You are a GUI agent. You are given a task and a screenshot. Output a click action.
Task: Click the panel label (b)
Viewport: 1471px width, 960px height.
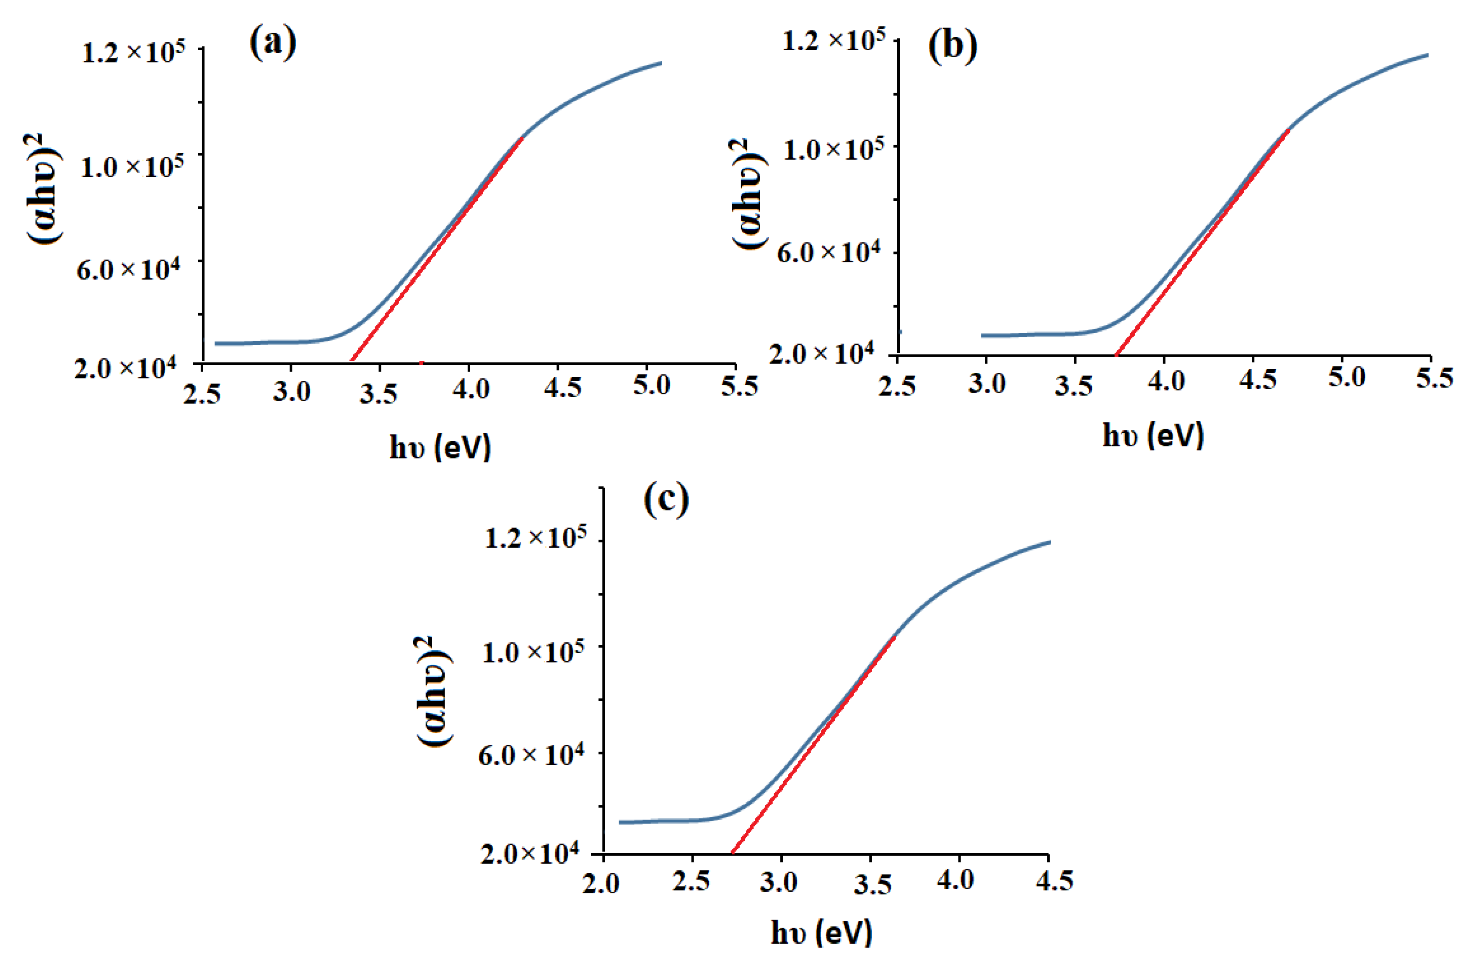pyautogui.click(x=953, y=47)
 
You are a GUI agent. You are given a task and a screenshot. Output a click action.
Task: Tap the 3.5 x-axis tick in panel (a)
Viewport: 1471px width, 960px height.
pyautogui.click(x=378, y=393)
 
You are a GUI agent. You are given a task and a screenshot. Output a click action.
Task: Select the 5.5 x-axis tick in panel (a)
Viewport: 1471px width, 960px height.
pyautogui.click(x=739, y=386)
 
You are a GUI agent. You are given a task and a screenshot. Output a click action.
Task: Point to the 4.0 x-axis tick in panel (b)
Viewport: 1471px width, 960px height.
pyautogui.click(x=1165, y=381)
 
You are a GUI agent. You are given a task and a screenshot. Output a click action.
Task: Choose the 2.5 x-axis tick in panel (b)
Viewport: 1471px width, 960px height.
pyautogui.click(x=897, y=386)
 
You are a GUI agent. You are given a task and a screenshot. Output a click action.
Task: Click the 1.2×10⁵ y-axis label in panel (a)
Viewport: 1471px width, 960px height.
pyautogui.click(x=133, y=52)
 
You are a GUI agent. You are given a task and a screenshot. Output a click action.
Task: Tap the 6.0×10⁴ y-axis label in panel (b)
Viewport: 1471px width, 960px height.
pyautogui.click(x=828, y=252)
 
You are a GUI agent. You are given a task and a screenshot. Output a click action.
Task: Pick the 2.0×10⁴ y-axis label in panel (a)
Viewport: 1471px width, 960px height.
pyautogui.click(x=125, y=368)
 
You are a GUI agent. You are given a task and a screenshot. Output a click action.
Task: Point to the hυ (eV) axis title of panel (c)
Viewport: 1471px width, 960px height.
pyautogui.click(x=821, y=932)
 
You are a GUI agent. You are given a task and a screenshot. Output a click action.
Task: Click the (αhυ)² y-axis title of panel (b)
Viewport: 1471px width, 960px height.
pyautogui.click(x=747, y=194)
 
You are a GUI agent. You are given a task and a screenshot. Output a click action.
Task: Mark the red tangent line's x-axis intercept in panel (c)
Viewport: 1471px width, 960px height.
pyautogui.click(x=732, y=854)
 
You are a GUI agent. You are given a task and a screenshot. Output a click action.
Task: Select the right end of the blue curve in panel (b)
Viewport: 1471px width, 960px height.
pyautogui.click(x=1428, y=55)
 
